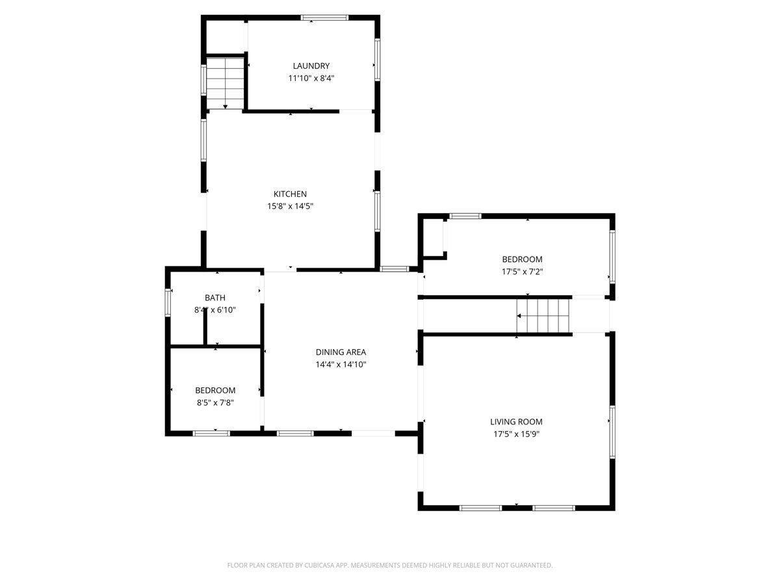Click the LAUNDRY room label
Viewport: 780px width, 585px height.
tap(311, 66)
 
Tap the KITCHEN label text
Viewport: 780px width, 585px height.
tap(290, 194)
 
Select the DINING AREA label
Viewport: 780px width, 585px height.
tap(341, 352)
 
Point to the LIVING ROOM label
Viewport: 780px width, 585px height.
tap(516, 422)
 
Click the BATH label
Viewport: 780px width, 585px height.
tap(215, 298)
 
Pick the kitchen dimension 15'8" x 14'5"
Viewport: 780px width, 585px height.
tap(290, 206)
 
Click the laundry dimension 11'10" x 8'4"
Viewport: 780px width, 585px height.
tap(311, 78)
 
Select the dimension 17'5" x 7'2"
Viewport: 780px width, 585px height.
tap(522, 272)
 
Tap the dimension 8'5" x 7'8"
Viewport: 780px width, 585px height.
tap(215, 402)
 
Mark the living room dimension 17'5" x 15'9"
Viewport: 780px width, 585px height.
tap(516, 434)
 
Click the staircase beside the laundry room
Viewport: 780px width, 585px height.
tap(225, 83)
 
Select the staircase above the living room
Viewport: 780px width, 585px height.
tap(543, 316)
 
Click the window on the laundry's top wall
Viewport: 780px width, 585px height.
tap(324, 18)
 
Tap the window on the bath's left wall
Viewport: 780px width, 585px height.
tap(168, 302)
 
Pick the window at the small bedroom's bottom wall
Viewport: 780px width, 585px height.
tap(211, 434)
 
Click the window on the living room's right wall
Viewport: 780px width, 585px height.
tap(612, 432)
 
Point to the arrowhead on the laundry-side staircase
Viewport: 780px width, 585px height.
tap(226, 107)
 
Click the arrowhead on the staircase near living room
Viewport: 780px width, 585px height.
tap(519, 316)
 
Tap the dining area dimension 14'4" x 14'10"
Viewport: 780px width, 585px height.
tap(341, 365)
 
